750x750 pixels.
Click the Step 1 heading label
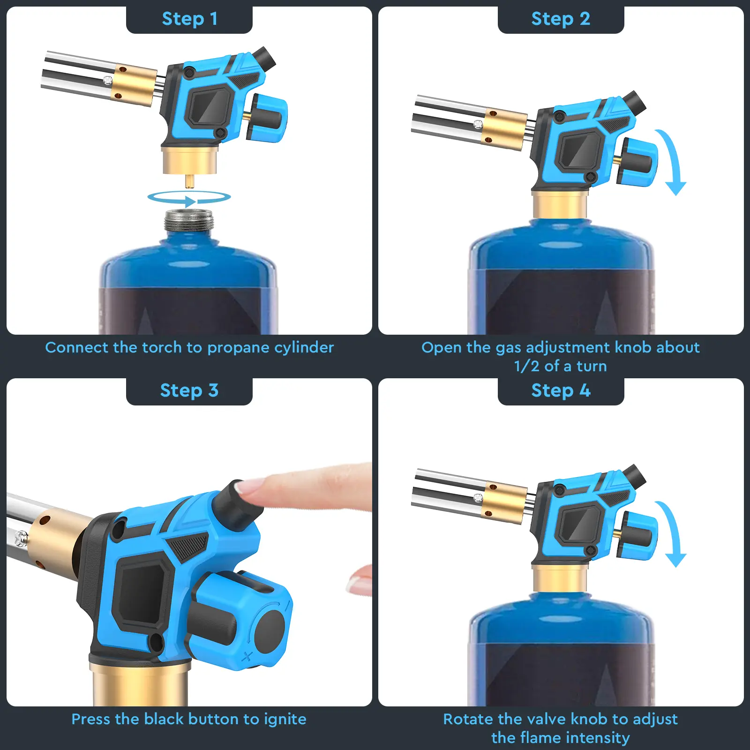click(189, 19)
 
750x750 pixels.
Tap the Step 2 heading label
click(561, 19)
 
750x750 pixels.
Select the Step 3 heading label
click(189, 390)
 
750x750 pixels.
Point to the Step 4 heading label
click(561, 390)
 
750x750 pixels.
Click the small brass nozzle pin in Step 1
click(189, 181)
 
